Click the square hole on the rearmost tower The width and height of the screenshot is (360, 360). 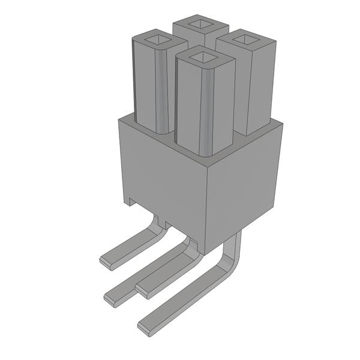click(200, 25)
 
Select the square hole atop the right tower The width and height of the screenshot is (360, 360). click(245, 39)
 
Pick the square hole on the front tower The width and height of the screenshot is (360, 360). click(205, 56)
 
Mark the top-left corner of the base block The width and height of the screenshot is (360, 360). click(119, 118)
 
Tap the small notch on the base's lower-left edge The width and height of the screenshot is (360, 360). click(128, 202)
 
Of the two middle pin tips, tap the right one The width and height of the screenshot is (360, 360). click(143, 290)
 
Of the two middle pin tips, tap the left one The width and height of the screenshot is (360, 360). click(111, 296)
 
